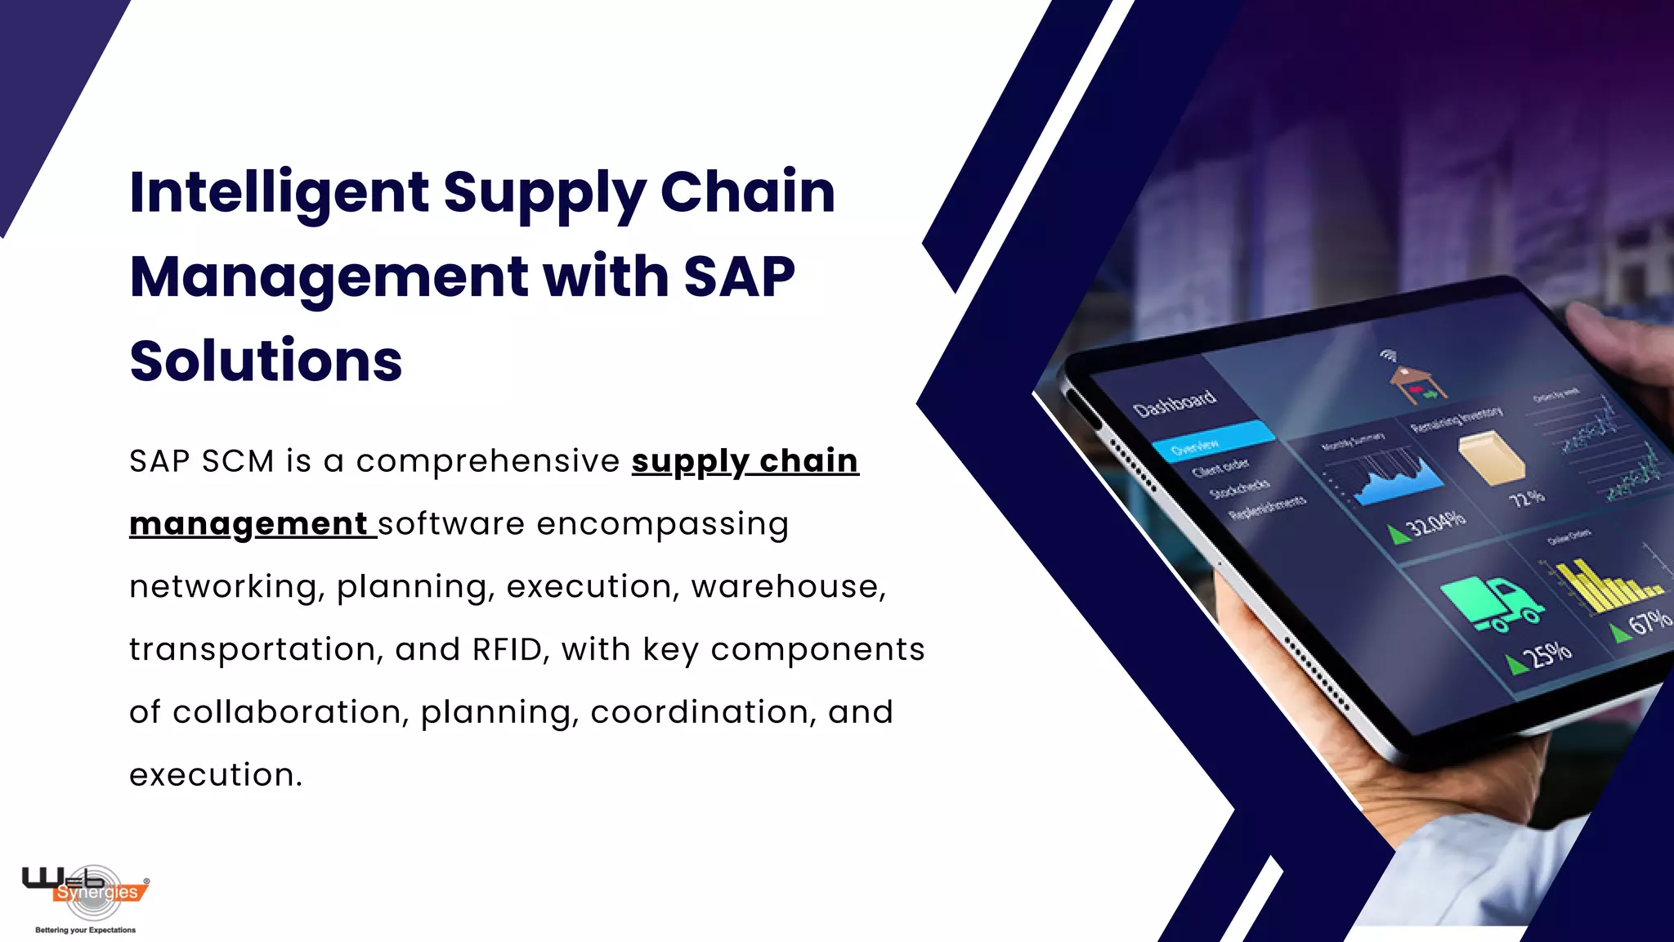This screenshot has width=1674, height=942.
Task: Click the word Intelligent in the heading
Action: click(279, 193)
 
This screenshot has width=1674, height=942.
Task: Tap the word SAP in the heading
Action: click(739, 276)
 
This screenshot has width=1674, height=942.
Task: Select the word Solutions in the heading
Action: click(266, 361)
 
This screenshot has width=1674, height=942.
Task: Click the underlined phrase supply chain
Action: click(745, 461)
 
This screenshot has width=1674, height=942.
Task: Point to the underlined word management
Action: click(249, 524)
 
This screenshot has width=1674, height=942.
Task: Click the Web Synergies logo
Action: click(85, 888)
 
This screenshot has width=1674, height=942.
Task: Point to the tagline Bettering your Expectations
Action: click(85, 930)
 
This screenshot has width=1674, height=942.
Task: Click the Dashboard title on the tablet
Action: click(1175, 401)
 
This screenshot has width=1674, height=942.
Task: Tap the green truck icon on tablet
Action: click(1491, 603)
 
